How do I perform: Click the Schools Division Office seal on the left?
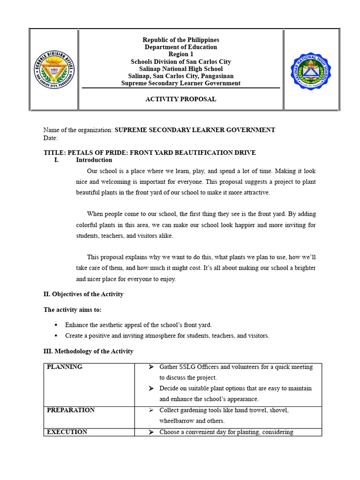click(54, 70)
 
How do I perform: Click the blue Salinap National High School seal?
click(311, 71)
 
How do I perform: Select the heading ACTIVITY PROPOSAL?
click(180, 99)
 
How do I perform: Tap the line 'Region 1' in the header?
click(180, 54)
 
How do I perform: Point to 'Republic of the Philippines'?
click(180, 40)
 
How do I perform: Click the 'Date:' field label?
click(51, 138)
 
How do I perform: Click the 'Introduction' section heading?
click(94, 160)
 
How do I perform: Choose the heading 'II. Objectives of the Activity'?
click(83, 294)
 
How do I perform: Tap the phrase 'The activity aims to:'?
click(72, 310)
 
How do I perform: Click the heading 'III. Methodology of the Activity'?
click(88, 351)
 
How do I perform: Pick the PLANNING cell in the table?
click(65, 367)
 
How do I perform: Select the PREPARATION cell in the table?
click(70, 410)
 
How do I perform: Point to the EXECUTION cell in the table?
click(67, 432)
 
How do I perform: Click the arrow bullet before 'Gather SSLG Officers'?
click(151, 367)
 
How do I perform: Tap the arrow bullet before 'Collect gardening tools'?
click(151, 410)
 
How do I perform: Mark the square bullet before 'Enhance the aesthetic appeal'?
click(56, 325)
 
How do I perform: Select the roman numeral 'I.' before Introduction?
click(57, 160)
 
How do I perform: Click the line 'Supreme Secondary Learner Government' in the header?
click(180, 83)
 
